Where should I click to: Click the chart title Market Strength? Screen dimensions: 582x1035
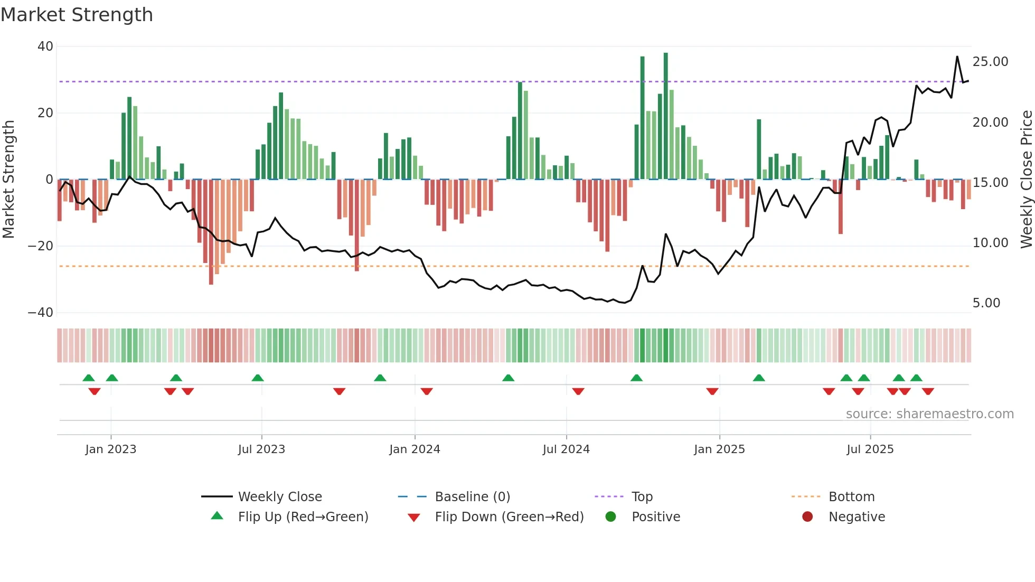click(x=77, y=15)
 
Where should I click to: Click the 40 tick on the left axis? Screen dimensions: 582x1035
click(x=45, y=46)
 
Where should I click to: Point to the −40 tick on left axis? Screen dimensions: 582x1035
click(x=41, y=313)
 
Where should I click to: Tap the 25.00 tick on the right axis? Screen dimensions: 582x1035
click(x=990, y=62)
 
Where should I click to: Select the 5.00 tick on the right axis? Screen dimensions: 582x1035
click(x=986, y=303)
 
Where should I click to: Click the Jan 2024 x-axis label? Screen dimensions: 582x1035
click(x=415, y=449)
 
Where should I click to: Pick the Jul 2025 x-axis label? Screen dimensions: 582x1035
click(x=870, y=449)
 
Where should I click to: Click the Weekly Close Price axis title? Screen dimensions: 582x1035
click(x=1026, y=180)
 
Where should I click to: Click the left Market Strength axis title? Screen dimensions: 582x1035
click(x=9, y=180)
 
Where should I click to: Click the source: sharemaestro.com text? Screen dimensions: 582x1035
click(x=929, y=414)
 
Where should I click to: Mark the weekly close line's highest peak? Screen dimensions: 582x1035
click(x=957, y=57)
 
